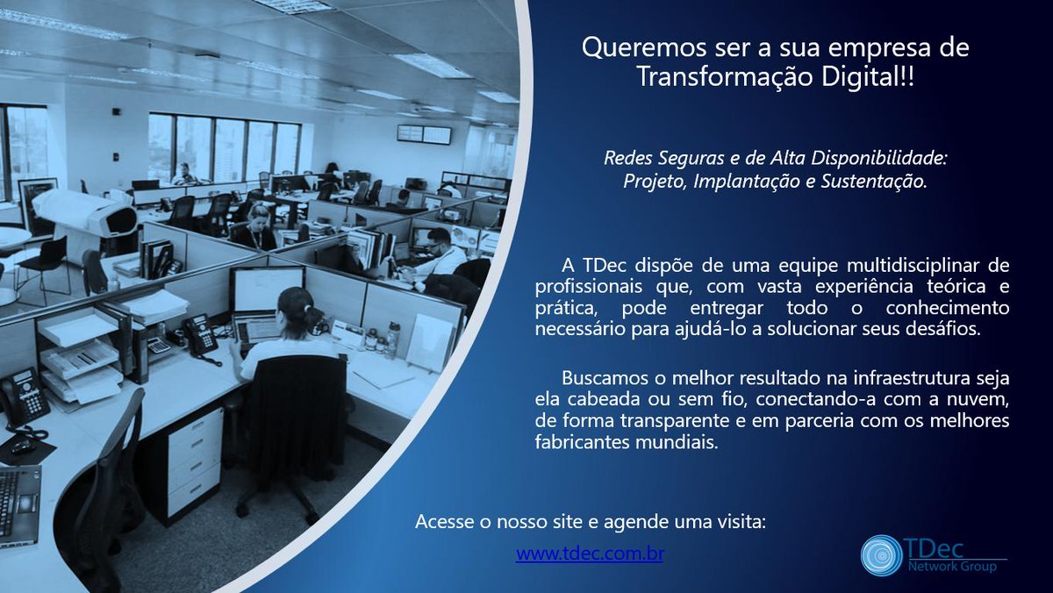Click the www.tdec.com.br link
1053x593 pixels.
(x=590, y=554)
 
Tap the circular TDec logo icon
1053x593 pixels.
(x=881, y=555)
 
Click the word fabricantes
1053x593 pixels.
(x=582, y=442)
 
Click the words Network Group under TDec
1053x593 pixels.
(x=952, y=566)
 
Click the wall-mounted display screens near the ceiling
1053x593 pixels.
(x=424, y=134)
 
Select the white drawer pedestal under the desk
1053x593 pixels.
(x=195, y=464)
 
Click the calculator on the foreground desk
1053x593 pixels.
(x=159, y=347)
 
